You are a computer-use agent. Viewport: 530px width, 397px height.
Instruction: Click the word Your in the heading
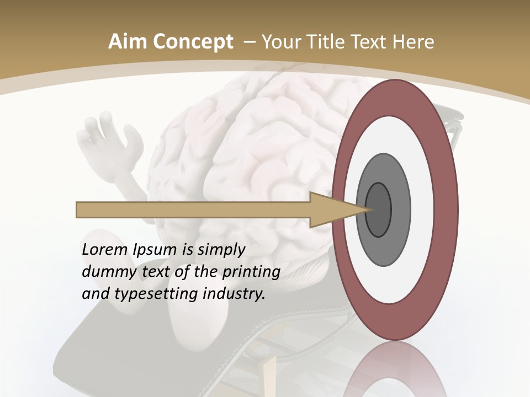pos(279,42)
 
